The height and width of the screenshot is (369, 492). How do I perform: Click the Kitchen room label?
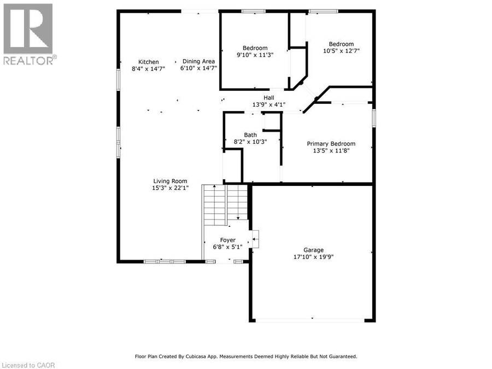click(148, 62)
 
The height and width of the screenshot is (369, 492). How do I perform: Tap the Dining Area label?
click(198, 61)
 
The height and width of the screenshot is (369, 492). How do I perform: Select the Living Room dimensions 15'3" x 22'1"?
click(170, 188)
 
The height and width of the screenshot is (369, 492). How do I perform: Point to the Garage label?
click(313, 250)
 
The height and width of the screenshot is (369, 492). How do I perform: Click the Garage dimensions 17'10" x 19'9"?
click(313, 257)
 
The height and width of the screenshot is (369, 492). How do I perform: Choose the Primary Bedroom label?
click(331, 144)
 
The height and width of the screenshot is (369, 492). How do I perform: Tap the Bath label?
click(250, 135)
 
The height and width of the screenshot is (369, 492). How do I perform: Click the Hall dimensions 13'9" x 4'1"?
click(269, 104)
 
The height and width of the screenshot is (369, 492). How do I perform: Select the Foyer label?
click(228, 240)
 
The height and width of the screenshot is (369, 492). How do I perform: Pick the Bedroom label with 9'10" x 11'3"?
click(255, 48)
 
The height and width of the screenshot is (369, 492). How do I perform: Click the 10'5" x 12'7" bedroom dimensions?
click(341, 50)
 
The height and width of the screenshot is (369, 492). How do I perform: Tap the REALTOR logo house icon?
click(28, 28)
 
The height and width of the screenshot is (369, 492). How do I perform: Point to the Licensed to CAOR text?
click(28, 365)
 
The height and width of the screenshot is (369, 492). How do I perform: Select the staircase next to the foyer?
click(225, 204)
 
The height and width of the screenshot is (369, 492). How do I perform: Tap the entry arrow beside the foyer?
click(256, 239)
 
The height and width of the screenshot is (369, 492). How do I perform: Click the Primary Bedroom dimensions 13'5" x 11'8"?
click(331, 151)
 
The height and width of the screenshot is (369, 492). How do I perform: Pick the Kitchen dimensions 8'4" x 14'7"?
click(148, 68)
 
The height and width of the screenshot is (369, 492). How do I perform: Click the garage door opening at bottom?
click(310, 320)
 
